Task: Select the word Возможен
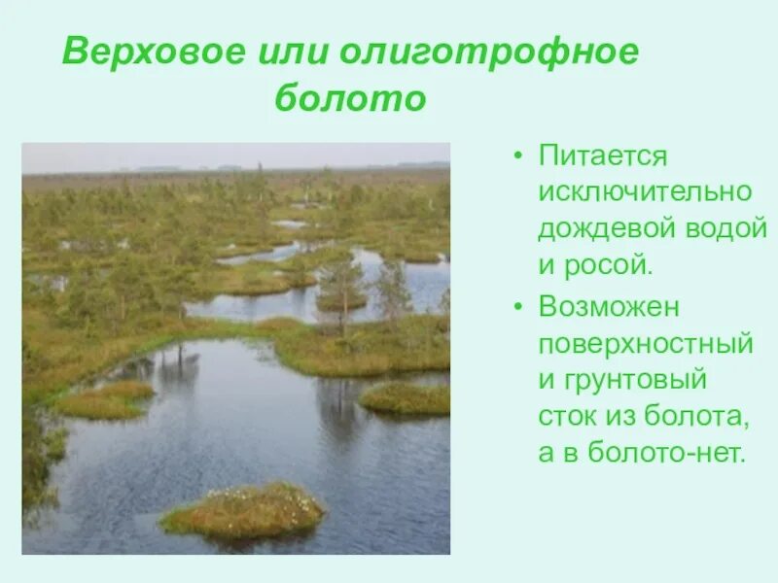coord(610,307)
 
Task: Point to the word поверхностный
coord(646,343)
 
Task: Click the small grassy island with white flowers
coord(243,510)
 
